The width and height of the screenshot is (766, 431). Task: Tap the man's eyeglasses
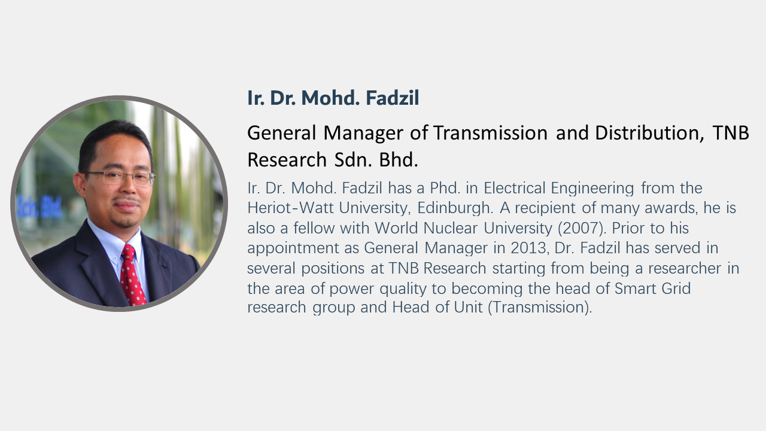(x=119, y=178)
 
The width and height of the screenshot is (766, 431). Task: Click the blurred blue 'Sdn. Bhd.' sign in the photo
(x=39, y=207)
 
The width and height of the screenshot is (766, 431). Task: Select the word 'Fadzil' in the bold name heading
(x=392, y=98)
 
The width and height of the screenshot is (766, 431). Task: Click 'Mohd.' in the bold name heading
(x=330, y=98)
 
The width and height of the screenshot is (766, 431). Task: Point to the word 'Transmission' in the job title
(x=491, y=133)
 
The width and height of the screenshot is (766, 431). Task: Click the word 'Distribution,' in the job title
(x=649, y=133)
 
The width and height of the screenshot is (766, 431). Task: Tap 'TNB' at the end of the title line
(x=731, y=133)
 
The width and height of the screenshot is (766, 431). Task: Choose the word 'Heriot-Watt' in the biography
(x=290, y=208)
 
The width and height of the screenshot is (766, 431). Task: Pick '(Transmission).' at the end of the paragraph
(x=540, y=307)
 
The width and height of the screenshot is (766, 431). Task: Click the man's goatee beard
(x=126, y=221)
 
